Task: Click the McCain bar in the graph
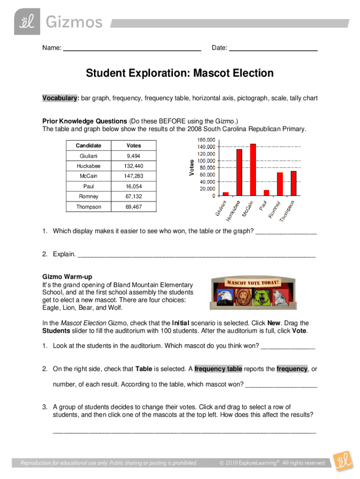(253, 169)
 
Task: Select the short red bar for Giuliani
(226, 193)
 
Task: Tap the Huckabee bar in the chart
(239, 172)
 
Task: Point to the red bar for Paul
(266, 192)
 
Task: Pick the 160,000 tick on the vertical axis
(206, 139)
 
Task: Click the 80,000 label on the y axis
(207, 167)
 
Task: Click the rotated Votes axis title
(191, 167)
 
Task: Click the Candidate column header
(89, 145)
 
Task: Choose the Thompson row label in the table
(89, 207)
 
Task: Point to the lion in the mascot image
(245, 298)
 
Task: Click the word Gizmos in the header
(73, 22)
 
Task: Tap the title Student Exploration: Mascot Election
(180, 73)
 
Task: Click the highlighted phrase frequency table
(218, 369)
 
